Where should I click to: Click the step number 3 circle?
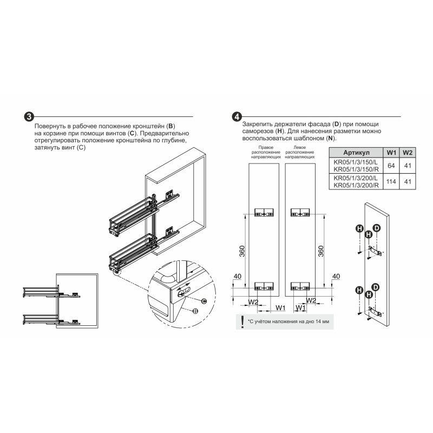(x=29, y=117)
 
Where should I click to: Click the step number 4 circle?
(x=237, y=116)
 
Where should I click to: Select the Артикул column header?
(x=356, y=153)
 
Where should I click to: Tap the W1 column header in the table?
(x=391, y=153)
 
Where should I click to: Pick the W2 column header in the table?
(x=408, y=153)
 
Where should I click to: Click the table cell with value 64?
(x=391, y=166)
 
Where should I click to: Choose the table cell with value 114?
(x=391, y=182)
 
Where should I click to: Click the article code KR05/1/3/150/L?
(x=356, y=162)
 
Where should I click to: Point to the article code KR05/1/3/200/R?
(x=356, y=185)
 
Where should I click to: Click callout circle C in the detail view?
(x=204, y=301)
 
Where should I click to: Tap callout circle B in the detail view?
(x=195, y=311)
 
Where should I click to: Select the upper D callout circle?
(x=377, y=228)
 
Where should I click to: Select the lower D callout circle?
(x=375, y=287)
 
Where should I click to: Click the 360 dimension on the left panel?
(x=242, y=251)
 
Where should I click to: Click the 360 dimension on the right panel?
(x=321, y=251)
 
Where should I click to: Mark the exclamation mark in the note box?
(x=242, y=322)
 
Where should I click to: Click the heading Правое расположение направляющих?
(x=266, y=152)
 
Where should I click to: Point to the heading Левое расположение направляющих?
(x=300, y=152)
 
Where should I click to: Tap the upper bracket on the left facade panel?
(x=264, y=212)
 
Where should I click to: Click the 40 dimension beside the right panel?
(x=336, y=276)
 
